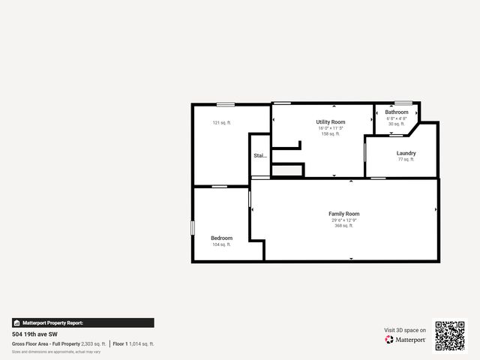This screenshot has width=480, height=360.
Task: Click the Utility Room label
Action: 330,121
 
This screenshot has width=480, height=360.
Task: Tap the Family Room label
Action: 344,214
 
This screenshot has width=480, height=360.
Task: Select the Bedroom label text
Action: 221,238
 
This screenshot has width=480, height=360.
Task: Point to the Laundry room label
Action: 406,153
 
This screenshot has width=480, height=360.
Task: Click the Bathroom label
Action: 397,112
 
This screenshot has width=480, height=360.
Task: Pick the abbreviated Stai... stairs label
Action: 259,156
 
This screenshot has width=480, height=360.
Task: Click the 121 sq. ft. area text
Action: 221,122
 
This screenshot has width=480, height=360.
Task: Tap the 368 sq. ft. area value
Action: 344,225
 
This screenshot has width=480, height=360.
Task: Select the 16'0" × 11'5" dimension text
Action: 330,128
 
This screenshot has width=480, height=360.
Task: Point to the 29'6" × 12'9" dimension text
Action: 344,220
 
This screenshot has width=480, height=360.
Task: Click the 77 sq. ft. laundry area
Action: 406,159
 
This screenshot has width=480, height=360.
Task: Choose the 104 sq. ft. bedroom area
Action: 221,244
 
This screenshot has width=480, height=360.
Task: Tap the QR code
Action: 450,335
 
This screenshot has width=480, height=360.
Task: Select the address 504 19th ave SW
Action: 36,334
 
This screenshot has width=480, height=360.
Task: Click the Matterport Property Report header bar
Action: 82,322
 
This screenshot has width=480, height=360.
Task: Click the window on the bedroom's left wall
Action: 193,226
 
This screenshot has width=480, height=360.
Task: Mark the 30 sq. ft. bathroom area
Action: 397,124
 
